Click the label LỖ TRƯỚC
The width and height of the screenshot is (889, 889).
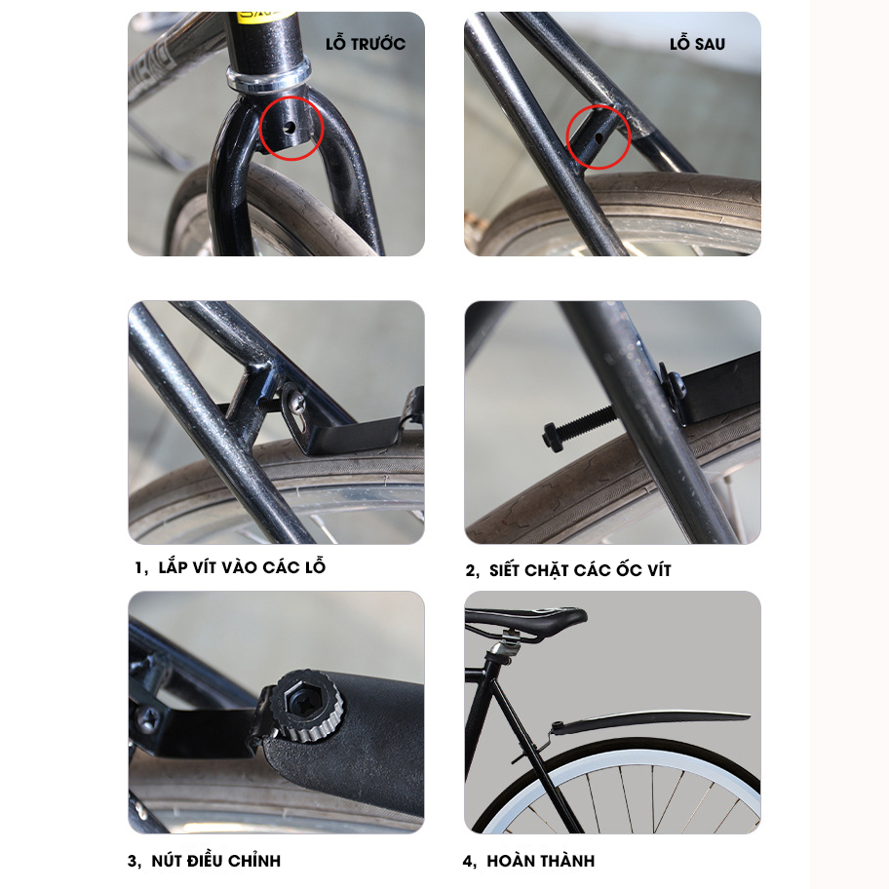pyautogui.click(x=366, y=43)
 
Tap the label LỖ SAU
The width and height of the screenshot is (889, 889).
pyautogui.click(x=697, y=43)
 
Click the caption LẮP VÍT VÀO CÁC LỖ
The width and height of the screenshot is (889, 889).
pyautogui.click(x=242, y=566)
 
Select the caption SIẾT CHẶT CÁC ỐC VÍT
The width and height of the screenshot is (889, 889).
pyautogui.click(x=580, y=569)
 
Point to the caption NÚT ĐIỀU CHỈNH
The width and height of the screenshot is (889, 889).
pyautogui.click(x=216, y=860)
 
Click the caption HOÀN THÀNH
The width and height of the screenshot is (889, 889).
pyautogui.click(x=541, y=861)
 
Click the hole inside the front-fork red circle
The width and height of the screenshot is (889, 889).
pyautogui.click(x=290, y=127)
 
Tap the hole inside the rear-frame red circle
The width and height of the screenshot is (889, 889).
pyautogui.click(x=599, y=137)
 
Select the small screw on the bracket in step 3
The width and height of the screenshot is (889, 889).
pyautogui.click(x=148, y=720)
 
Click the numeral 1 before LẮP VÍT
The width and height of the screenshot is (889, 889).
pyautogui.click(x=138, y=567)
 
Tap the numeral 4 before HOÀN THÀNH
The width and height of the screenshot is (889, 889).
pyautogui.click(x=467, y=862)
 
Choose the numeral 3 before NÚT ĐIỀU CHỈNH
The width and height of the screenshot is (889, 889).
pyautogui.click(x=133, y=862)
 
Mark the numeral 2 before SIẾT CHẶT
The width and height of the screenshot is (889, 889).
pyautogui.click(x=470, y=570)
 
